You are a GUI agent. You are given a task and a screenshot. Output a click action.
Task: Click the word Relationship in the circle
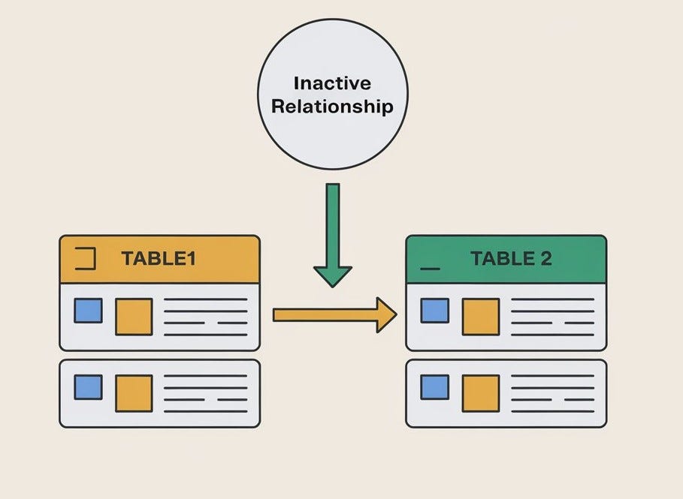[331, 106]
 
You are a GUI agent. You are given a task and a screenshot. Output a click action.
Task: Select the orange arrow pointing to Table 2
[334, 314]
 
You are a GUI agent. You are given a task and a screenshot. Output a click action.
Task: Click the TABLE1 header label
[159, 259]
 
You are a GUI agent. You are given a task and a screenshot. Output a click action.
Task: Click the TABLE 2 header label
[511, 259]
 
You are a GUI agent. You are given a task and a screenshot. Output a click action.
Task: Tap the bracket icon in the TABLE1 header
[86, 259]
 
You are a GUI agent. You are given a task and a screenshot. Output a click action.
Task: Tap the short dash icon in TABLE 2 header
[430, 266]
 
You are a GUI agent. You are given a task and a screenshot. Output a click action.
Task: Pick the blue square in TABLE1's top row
[88, 311]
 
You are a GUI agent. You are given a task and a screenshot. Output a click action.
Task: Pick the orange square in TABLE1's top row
[134, 317]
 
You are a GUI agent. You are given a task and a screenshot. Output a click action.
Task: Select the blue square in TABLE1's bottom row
[88, 387]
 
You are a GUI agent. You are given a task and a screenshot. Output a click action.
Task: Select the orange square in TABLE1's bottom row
[134, 393]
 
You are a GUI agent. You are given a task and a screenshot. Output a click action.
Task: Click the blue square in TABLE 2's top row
[434, 311]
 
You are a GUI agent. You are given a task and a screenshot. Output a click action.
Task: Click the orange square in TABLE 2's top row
[480, 317]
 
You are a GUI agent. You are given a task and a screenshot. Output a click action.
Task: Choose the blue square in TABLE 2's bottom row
[434, 387]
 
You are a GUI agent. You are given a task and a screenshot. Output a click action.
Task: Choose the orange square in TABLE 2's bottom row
[480, 393]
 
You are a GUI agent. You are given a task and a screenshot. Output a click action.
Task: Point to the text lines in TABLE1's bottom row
[205, 393]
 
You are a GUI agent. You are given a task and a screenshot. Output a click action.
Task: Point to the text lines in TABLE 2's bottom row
[552, 393]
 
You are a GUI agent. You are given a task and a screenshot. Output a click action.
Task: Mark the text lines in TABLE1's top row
[205, 317]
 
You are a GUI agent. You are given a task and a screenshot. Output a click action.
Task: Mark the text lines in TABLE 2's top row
[552, 317]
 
